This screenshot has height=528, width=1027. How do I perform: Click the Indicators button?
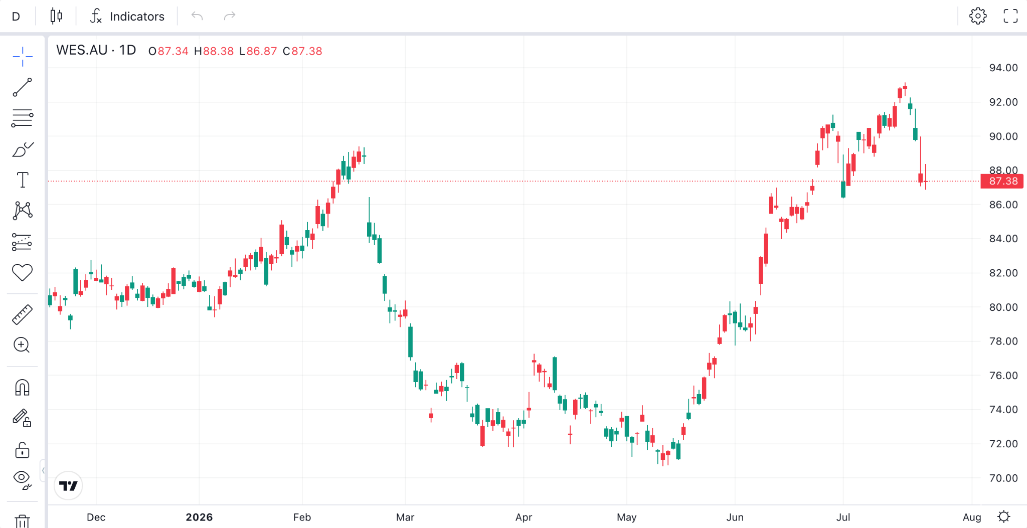[x=127, y=17]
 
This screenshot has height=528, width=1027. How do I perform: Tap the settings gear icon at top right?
[x=977, y=16]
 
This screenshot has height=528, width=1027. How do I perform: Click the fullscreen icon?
[x=1010, y=16]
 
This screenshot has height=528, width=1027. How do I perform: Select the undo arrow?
[x=197, y=17]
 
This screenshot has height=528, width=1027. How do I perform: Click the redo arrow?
[x=229, y=17]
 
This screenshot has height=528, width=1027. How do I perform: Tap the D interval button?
[x=16, y=17]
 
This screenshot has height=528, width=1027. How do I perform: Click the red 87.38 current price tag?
[x=1002, y=181]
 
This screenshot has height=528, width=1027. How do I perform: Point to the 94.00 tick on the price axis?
[x=1003, y=68]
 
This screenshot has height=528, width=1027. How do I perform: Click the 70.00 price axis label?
[x=1003, y=478]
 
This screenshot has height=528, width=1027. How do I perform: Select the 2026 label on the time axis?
[x=199, y=517]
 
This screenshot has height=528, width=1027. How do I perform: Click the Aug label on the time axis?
[x=972, y=517]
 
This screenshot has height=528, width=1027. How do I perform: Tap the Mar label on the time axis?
[x=405, y=517]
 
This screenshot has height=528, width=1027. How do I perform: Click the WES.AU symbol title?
[x=82, y=50]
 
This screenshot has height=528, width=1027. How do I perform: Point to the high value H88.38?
[x=214, y=51]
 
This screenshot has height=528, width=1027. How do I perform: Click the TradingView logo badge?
[x=68, y=485]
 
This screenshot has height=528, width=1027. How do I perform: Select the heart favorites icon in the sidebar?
[x=22, y=272]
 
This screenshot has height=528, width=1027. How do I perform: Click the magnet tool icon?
[x=22, y=388]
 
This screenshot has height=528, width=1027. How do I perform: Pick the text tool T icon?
[x=23, y=180]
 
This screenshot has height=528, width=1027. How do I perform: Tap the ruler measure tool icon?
[x=22, y=314]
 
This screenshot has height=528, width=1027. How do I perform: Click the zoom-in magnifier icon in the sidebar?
[x=22, y=345]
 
